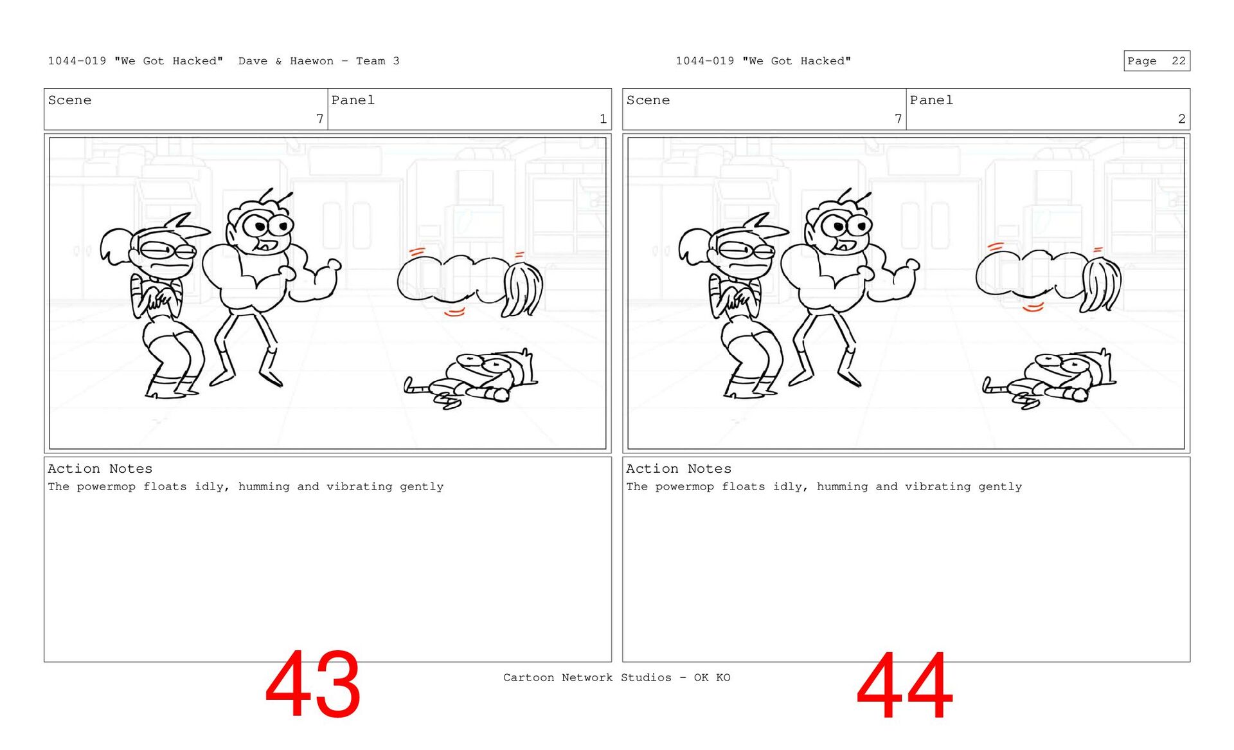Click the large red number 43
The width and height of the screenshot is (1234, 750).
(312, 684)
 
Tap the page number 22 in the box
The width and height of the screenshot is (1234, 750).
(1178, 61)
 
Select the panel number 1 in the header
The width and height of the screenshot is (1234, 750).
(603, 119)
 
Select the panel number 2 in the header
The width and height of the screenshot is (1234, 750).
(1181, 119)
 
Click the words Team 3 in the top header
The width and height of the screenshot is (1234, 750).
(378, 61)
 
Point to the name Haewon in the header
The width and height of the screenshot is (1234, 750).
(312, 61)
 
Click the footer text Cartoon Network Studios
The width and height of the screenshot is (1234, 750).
(587, 677)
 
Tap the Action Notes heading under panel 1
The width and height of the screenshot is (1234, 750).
(100, 469)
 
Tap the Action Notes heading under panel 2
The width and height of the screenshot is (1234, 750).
(679, 469)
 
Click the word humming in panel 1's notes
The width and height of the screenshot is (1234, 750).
(264, 487)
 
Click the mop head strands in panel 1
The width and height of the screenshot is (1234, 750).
(522, 288)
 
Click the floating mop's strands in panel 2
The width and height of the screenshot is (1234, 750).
(1102, 284)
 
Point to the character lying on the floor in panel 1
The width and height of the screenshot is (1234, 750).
(472, 380)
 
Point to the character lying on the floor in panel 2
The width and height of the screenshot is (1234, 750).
(1050, 380)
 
